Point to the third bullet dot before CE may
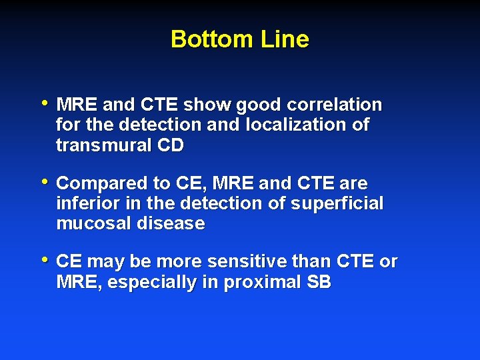pos(45,260)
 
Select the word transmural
pos(104,145)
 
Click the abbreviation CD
pos(170,145)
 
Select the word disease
pos(171,223)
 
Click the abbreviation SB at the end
pos(319,283)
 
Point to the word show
pos(205,105)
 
